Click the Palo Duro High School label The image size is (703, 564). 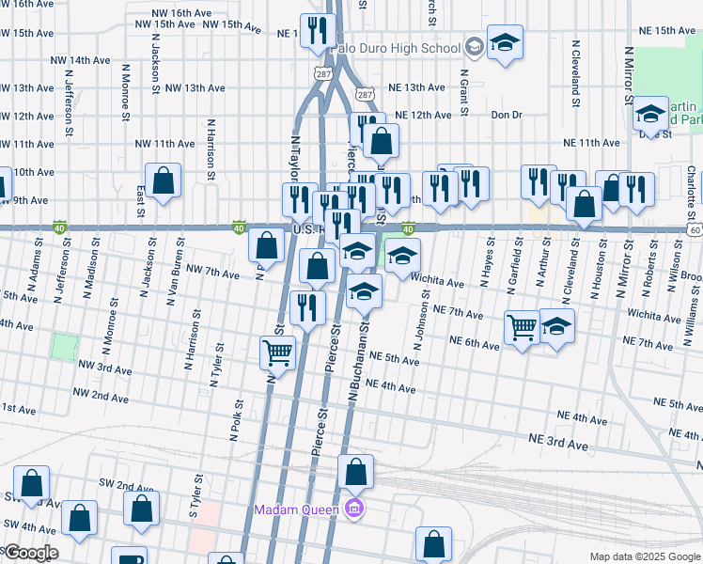pyautogui.click(x=406, y=47)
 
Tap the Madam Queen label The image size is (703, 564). pyautogui.click(x=298, y=510)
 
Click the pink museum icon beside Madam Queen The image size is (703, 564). pyautogui.click(x=354, y=510)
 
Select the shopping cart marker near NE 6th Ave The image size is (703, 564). pyautogui.click(x=523, y=327)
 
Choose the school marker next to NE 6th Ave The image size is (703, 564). pyautogui.click(x=556, y=325)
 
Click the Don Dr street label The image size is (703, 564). pyautogui.click(x=506, y=115)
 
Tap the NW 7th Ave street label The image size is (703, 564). pyautogui.click(x=213, y=273)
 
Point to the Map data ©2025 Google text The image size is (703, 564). pyautogui.click(x=644, y=556)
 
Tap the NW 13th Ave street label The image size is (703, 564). pyautogui.click(x=195, y=87)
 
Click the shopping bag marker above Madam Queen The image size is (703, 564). pyautogui.click(x=355, y=471)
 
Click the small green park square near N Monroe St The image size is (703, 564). pyautogui.click(x=64, y=347)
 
